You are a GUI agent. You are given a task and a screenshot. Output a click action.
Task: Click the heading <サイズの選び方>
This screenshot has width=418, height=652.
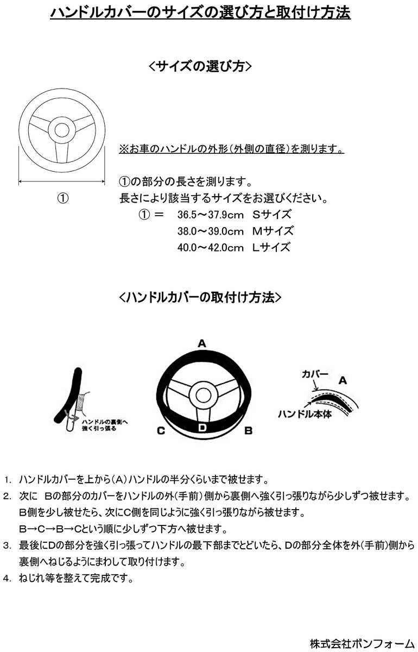(x=200, y=66)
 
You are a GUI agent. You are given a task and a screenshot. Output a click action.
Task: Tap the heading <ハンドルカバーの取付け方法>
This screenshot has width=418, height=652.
(x=200, y=297)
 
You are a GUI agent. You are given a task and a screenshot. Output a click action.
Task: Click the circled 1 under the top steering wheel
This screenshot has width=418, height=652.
(x=63, y=198)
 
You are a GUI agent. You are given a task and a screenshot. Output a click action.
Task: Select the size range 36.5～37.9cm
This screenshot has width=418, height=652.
(x=210, y=215)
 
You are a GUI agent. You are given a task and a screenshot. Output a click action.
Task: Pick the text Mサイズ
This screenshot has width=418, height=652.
(x=273, y=231)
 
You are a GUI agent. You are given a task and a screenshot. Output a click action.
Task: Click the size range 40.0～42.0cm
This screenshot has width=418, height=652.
(x=210, y=247)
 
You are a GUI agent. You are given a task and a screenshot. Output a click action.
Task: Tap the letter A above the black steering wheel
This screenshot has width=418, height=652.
(x=201, y=343)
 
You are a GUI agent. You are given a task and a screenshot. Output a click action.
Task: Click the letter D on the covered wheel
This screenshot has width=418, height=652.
(x=202, y=427)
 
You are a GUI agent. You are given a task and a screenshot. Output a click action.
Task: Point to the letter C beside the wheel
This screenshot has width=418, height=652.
(x=161, y=431)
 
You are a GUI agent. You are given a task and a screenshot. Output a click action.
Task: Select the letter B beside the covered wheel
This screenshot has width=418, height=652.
(x=248, y=431)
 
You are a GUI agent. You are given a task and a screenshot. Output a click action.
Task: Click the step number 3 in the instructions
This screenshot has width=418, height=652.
(x=7, y=544)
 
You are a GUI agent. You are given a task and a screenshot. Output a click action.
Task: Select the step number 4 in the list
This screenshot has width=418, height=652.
(x=7, y=579)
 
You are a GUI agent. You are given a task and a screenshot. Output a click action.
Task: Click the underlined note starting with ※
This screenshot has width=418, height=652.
(x=231, y=149)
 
